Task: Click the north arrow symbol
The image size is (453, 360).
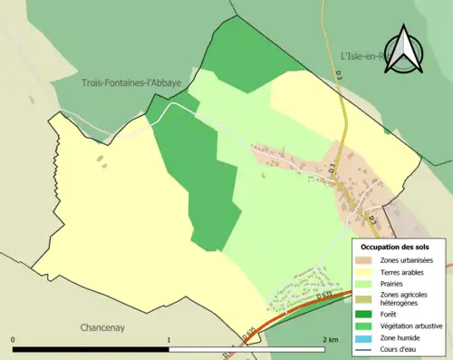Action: click(x=406, y=49)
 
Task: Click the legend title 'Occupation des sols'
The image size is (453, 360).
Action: click(x=395, y=247)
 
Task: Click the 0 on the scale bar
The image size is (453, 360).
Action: click(x=14, y=339)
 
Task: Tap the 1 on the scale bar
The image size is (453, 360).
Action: click(x=169, y=339)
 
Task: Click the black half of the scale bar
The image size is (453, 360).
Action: click(x=91, y=349)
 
